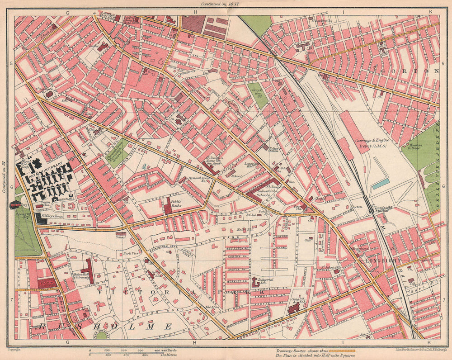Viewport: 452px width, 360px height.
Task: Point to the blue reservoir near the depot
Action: [x=380, y=184]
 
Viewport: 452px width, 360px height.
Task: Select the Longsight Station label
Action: [x=379, y=209]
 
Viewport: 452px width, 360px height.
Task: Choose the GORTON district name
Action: [x=410, y=71]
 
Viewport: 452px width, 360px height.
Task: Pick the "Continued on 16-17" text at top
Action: [x=226, y=4]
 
